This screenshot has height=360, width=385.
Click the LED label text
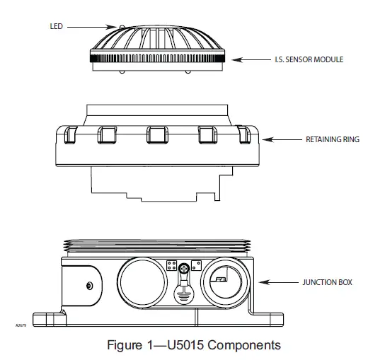click(x=57, y=26)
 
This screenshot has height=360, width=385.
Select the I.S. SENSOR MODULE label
click(x=309, y=60)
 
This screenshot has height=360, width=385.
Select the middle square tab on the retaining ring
click(x=157, y=134)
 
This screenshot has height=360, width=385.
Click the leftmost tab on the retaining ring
click(x=69, y=134)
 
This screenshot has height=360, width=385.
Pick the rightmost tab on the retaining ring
click(x=245, y=134)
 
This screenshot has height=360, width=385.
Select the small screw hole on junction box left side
click(x=88, y=285)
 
